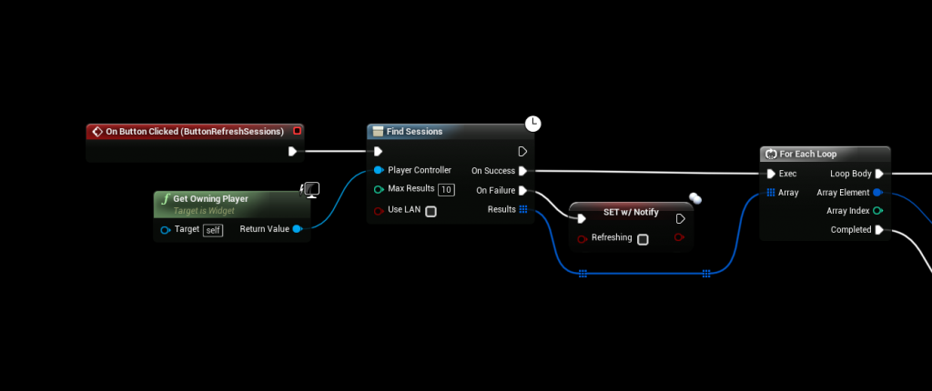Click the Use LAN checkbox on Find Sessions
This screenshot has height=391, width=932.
tap(431, 212)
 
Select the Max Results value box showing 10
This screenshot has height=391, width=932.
tap(446, 190)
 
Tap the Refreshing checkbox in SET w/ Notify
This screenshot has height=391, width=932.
tap(643, 239)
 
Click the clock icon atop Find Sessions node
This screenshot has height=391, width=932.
tap(533, 123)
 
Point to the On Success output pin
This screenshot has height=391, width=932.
tap(522, 171)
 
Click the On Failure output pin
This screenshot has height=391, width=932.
tap(522, 191)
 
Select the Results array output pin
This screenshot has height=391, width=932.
tap(522, 210)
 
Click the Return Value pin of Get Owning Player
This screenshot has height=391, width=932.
tap(298, 229)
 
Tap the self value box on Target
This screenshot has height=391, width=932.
tap(212, 230)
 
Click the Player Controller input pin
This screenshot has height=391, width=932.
tap(379, 171)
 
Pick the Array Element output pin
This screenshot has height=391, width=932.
tap(877, 193)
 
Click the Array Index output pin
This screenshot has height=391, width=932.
tap(877, 211)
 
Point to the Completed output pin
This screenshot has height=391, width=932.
tap(879, 230)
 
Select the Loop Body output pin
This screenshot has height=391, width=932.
tap(879, 174)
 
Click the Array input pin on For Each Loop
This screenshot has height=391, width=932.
tap(771, 193)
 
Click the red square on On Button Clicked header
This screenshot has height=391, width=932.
tap(297, 131)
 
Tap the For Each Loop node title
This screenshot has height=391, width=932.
tap(807, 154)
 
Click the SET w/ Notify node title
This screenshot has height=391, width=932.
tap(631, 212)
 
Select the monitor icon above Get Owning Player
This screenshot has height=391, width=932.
tap(310, 189)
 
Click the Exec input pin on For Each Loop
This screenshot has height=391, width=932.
tap(771, 174)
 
